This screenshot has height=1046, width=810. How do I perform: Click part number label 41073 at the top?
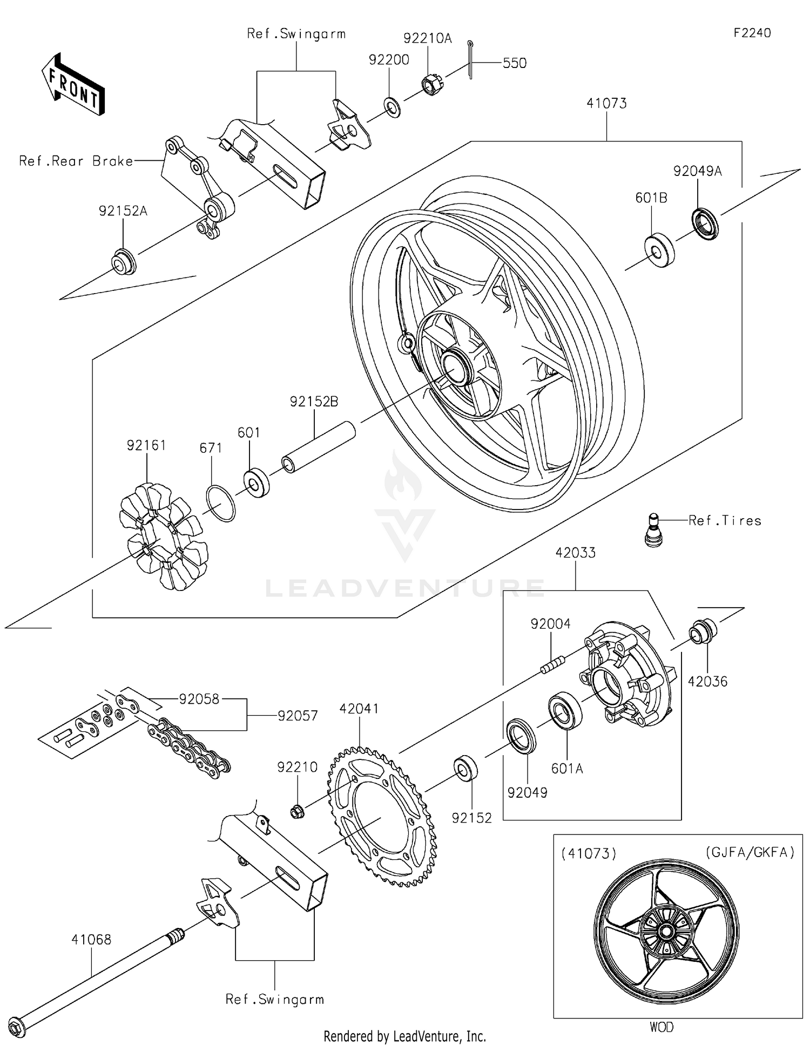tap(606, 103)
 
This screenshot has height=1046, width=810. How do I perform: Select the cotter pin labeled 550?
tap(470, 59)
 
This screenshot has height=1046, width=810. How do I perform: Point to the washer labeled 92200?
tap(393, 107)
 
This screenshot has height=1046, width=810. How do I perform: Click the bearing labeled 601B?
tap(660, 251)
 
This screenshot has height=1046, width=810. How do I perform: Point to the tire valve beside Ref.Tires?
tap(654, 531)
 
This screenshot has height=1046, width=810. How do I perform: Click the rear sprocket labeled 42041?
tap(381, 817)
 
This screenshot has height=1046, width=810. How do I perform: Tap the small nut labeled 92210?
tap(296, 810)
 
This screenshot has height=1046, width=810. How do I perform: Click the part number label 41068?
tap(91, 939)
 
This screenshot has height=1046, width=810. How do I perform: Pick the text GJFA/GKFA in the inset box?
tap(750, 852)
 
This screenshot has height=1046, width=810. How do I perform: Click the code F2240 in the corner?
tap(752, 33)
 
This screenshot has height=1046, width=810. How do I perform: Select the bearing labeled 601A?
tap(565, 711)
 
